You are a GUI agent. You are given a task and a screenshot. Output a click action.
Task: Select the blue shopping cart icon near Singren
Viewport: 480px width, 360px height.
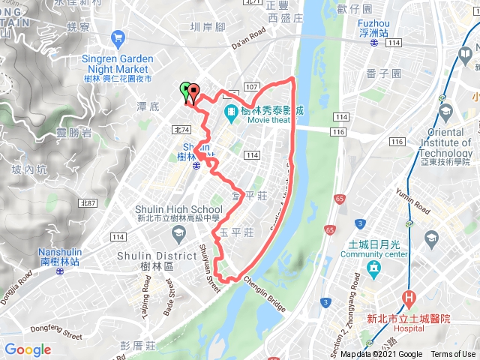pyautogui.click(x=117, y=37)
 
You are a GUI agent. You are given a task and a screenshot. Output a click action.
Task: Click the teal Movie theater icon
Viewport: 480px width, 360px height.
pyautogui.click(x=231, y=113)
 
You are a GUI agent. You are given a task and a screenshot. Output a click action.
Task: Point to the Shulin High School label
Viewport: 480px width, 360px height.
pyautogui.click(x=178, y=215)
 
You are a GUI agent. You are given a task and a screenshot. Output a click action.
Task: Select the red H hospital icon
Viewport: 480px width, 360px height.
pyautogui.click(x=409, y=298)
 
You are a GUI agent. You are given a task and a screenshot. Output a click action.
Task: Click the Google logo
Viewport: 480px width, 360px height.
pyautogui.click(x=28, y=349)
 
